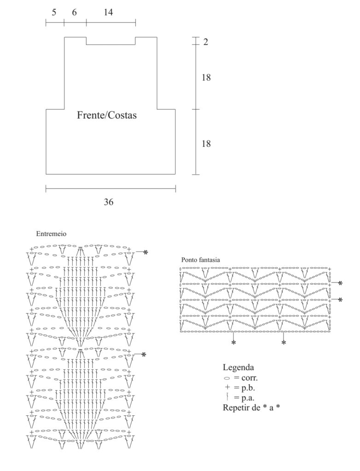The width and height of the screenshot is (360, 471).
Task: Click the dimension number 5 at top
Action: (54, 12)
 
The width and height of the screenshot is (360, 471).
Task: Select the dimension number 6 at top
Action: (75, 12)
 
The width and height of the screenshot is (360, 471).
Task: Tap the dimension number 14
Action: (108, 12)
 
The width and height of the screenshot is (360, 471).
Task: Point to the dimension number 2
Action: (205, 42)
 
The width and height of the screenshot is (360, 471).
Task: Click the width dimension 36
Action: (109, 201)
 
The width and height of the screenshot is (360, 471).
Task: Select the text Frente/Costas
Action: (107, 115)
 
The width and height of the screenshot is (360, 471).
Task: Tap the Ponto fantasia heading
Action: (200, 260)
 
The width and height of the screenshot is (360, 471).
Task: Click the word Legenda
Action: (238, 368)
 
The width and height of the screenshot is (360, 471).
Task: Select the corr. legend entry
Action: (246, 378)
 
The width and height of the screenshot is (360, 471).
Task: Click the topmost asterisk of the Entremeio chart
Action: (145, 253)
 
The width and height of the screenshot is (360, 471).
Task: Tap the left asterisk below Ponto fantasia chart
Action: (234, 343)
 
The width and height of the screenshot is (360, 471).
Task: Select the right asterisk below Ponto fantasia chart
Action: (284, 343)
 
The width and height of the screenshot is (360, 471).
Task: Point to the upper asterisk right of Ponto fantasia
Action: (340, 283)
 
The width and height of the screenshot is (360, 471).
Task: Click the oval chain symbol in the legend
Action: (226, 378)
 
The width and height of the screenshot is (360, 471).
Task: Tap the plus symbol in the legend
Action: (227, 388)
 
